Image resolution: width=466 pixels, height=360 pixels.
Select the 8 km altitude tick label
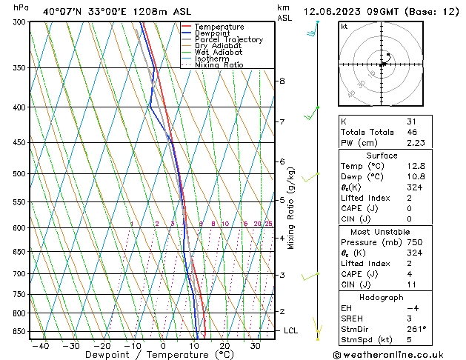tap(282, 81)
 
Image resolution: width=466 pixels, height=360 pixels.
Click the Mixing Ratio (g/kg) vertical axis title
tap(291, 208)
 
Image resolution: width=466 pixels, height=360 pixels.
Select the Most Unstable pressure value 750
tap(413, 242)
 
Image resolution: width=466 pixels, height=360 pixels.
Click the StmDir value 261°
tap(416, 329)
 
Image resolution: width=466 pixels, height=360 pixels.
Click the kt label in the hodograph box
tap(344, 26)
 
